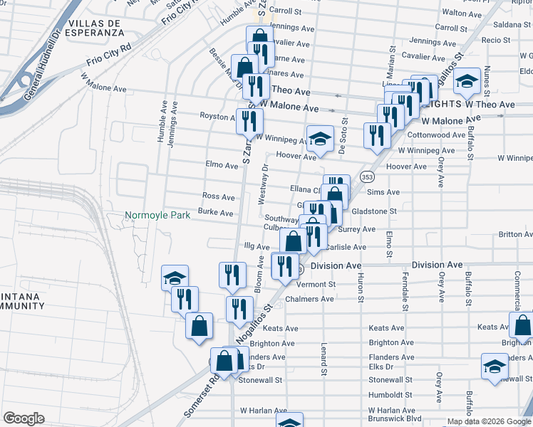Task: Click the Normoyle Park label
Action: [x=157, y=215]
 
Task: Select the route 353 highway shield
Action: [x=366, y=176]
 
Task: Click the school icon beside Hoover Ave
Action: [x=320, y=138]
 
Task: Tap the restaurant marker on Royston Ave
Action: [x=249, y=121]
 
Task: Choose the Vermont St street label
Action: [x=315, y=284]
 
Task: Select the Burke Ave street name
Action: [x=216, y=213]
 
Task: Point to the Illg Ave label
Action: [x=257, y=246]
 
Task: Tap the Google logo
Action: [x=24, y=418]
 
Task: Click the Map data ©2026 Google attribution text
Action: [x=488, y=421]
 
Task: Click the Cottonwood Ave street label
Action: [x=437, y=135]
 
